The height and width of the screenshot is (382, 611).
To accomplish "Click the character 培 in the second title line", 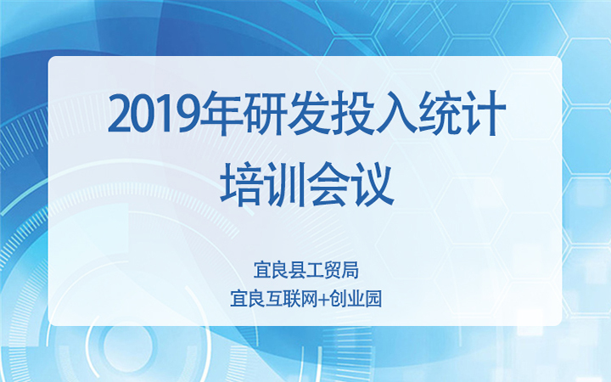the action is point(241,184).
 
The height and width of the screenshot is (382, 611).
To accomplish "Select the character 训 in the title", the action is point(284,184).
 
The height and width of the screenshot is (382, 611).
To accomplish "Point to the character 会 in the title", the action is point(328,184).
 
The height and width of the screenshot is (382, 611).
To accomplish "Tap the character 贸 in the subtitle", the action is point(332,271).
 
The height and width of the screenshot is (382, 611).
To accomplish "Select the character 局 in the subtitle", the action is point(350,271).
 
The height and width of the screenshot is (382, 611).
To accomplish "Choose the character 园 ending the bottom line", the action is point(373,299).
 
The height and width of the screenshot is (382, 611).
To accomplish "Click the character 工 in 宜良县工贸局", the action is point(315,271).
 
